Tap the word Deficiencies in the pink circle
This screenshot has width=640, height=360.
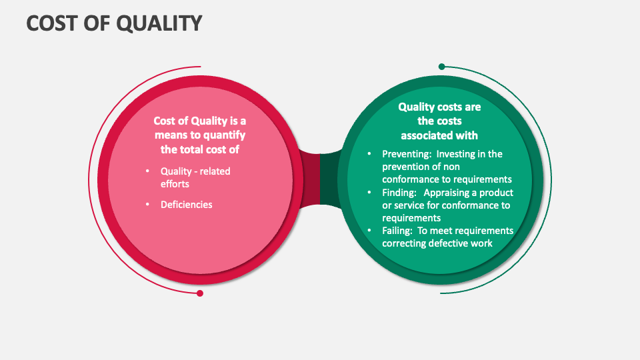(x=186, y=205)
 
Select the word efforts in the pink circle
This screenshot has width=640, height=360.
(x=175, y=183)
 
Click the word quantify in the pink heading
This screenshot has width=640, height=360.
(x=224, y=135)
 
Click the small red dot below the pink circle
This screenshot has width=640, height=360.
(x=199, y=293)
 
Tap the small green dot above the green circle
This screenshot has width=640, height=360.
(x=441, y=67)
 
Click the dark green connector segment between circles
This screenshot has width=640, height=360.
(x=329, y=179)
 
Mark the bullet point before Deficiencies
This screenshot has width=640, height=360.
(x=147, y=205)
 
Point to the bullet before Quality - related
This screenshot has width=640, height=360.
(x=147, y=171)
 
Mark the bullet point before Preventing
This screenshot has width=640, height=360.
(x=370, y=154)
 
